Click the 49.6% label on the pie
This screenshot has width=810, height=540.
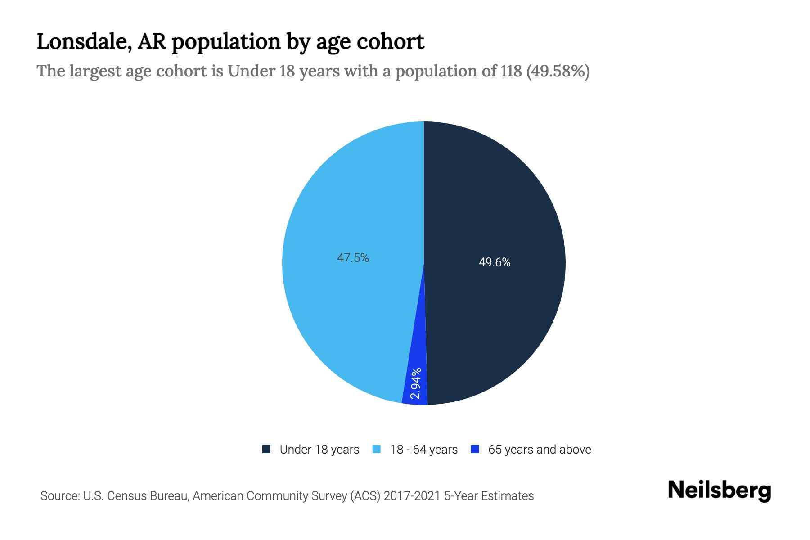point(495,262)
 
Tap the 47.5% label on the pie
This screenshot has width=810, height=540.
point(353,258)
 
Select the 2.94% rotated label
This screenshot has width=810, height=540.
point(416,383)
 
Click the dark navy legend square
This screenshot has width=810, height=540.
point(266,449)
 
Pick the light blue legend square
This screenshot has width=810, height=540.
point(377,449)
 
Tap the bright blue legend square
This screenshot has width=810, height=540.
point(475,449)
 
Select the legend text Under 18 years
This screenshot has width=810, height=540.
point(319,450)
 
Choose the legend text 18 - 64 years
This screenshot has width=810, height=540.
point(424,450)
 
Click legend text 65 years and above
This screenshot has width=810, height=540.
point(540,450)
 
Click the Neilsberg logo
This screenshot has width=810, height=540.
point(719,490)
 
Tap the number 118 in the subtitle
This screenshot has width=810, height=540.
point(511,71)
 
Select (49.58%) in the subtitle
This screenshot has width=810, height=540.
point(558,71)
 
